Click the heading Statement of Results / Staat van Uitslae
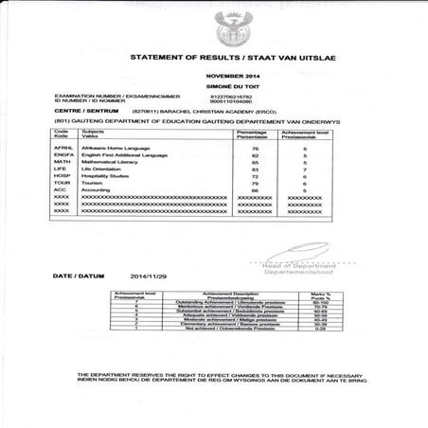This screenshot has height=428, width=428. tap(228, 58)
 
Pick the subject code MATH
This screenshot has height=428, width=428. tap(64, 162)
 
